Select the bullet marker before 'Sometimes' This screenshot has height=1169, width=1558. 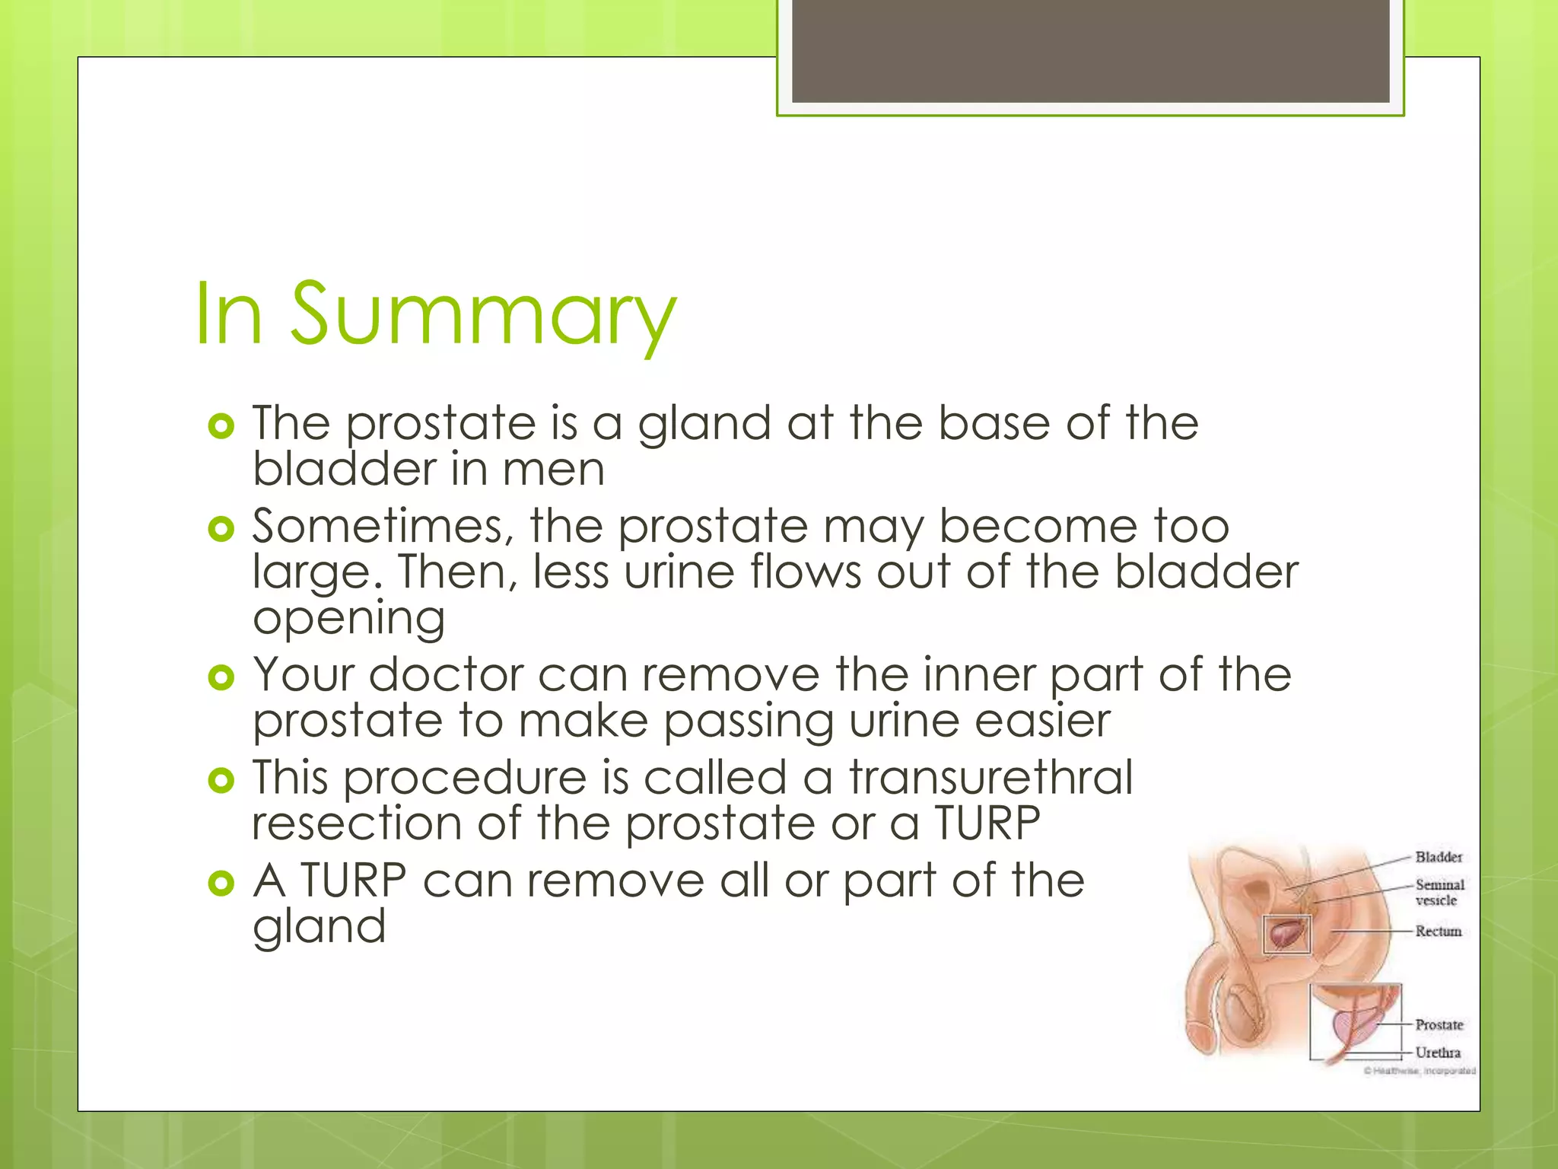[x=221, y=529]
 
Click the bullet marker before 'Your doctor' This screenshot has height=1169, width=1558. [x=221, y=677]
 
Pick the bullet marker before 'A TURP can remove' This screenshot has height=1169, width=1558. [x=221, y=884]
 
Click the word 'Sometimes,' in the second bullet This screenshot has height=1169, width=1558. [x=377, y=527]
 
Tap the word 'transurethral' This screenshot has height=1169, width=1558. [x=990, y=779]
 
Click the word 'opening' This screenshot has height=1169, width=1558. [x=349, y=620]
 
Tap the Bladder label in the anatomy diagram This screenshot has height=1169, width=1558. [x=1439, y=858]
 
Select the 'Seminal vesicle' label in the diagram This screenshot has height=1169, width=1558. [x=1439, y=893]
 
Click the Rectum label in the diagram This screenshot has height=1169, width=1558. [x=1438, y=932]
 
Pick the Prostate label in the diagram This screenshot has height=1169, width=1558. [x=1439, y=1025]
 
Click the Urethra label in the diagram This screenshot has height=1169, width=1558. [x=1438, y=1053]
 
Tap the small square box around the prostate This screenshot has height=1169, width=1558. [x=1286, y=935]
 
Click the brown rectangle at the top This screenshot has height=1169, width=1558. [x=1090, y=50]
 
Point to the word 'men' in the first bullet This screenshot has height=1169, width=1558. [x=553, y=470]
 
